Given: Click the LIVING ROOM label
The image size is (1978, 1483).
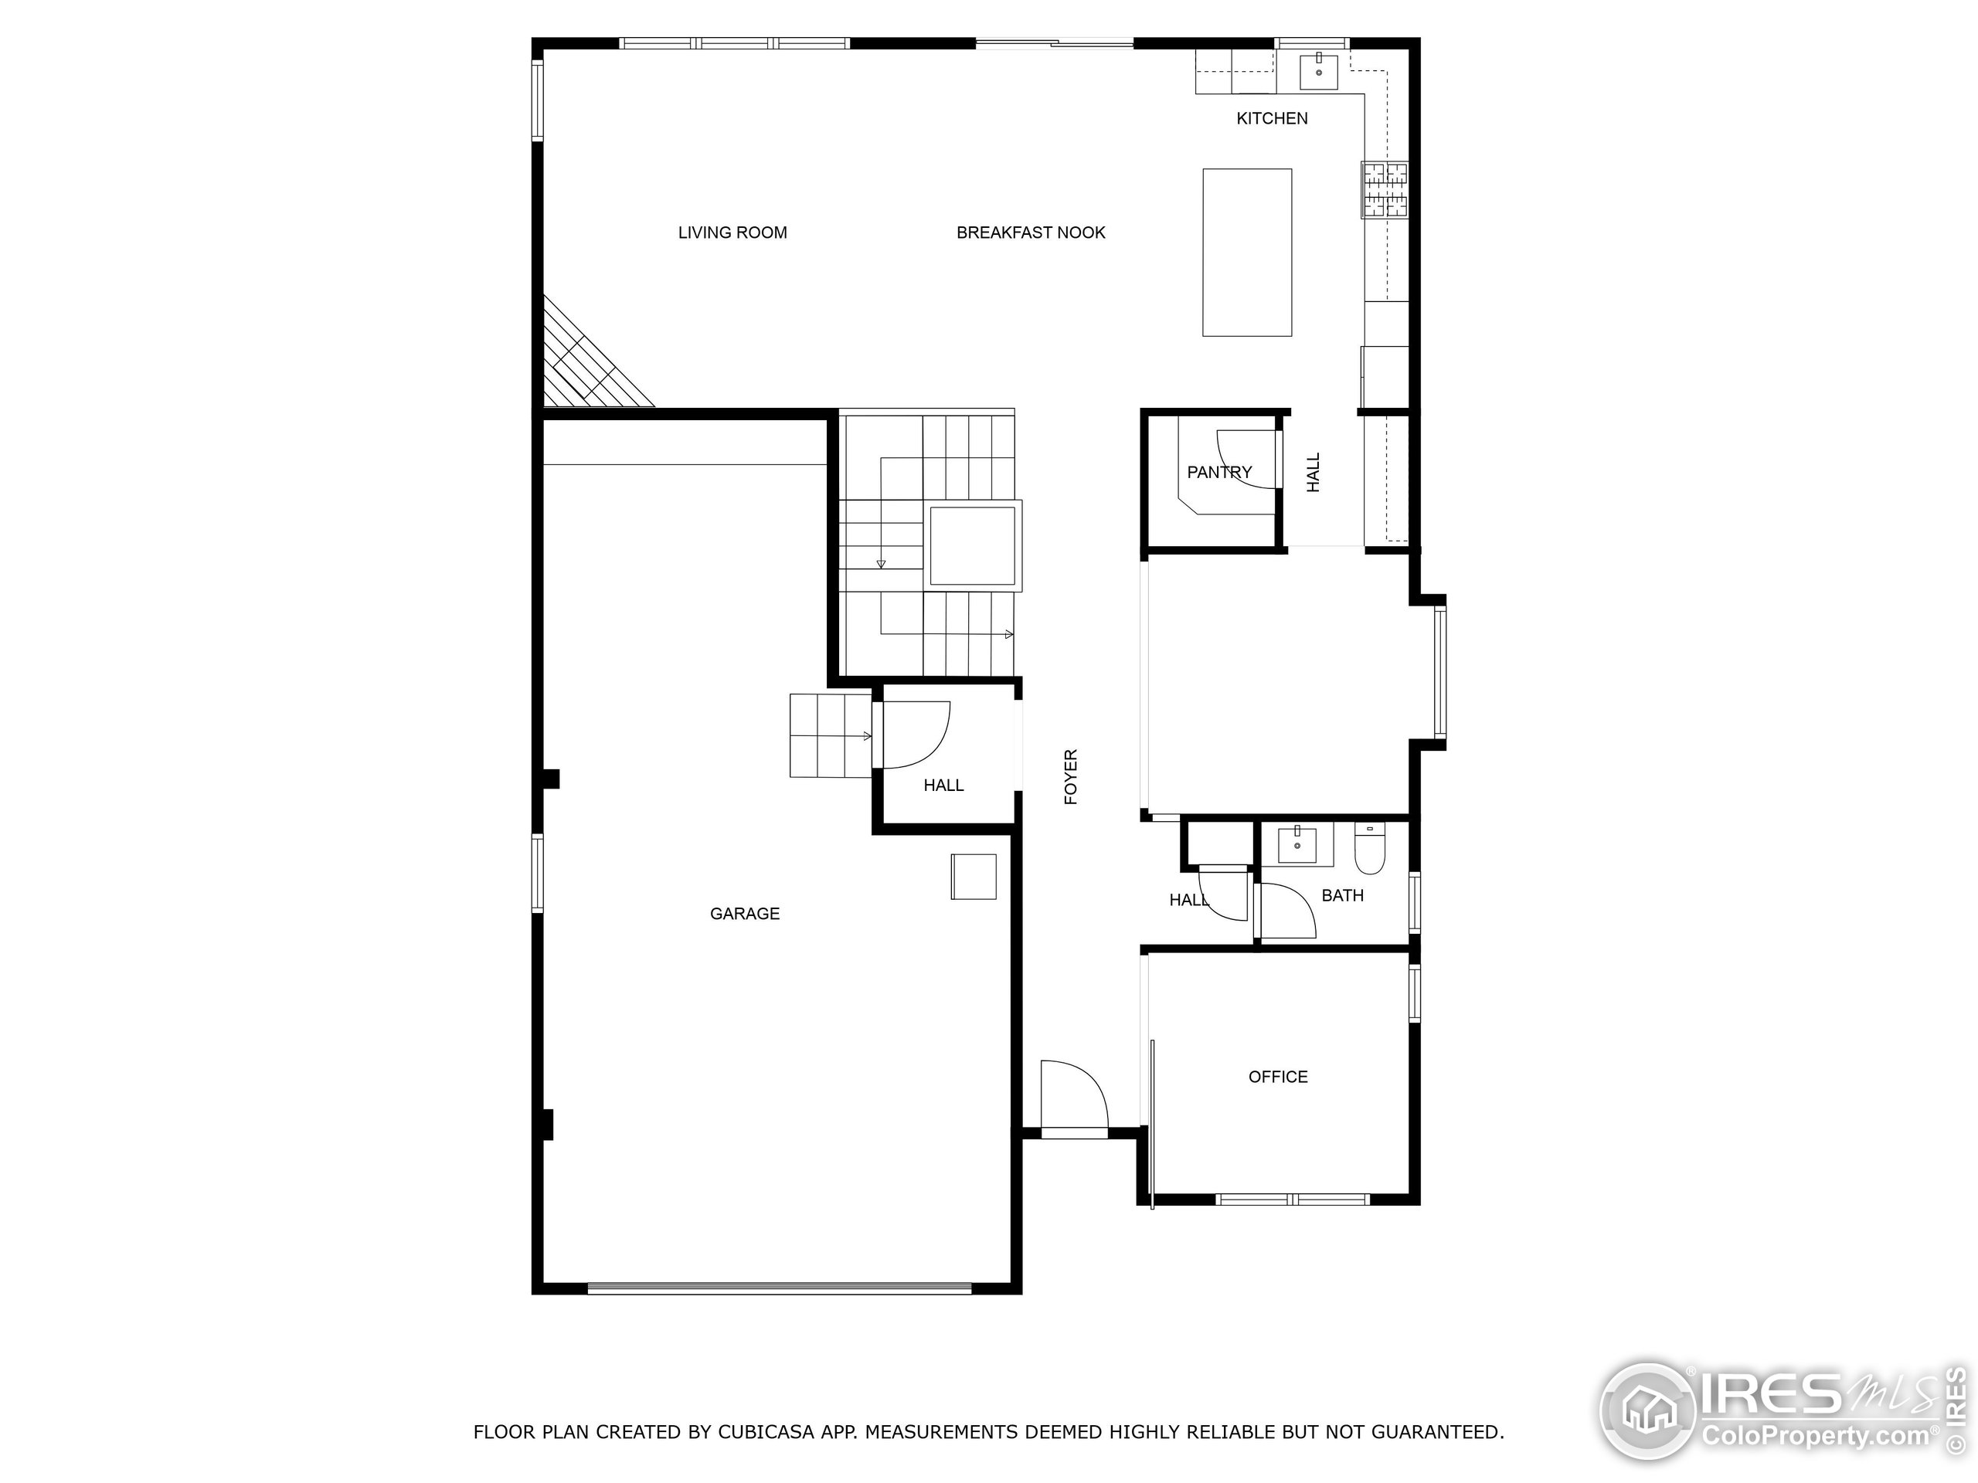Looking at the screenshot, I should tap(732, 232).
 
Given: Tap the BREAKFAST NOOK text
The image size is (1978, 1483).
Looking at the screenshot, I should tap(1031, 232).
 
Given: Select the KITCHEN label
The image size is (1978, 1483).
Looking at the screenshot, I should tap(1272, 118).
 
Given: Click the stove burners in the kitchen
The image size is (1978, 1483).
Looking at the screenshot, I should tap(1385, 189).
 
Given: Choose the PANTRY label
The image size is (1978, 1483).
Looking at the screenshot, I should tap(1218, 472).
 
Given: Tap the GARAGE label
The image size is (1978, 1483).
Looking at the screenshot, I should tap(745, 914).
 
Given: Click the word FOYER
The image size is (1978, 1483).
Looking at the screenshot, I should tap(1070, 777).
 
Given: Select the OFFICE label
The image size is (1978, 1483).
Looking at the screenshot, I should tap(1278, 1077).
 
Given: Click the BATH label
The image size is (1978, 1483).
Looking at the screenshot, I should tap(1342, 894).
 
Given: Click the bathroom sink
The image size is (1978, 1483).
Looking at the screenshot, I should tap(1297, 844).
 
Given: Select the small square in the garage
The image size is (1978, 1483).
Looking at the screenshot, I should tap(973, 876).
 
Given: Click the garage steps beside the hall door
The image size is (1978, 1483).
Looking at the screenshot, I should tap(830, 735).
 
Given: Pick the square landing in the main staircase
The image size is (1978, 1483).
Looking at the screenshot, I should tap(973, 546).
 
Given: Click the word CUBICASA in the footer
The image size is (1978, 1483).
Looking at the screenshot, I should tap(766, 1432).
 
